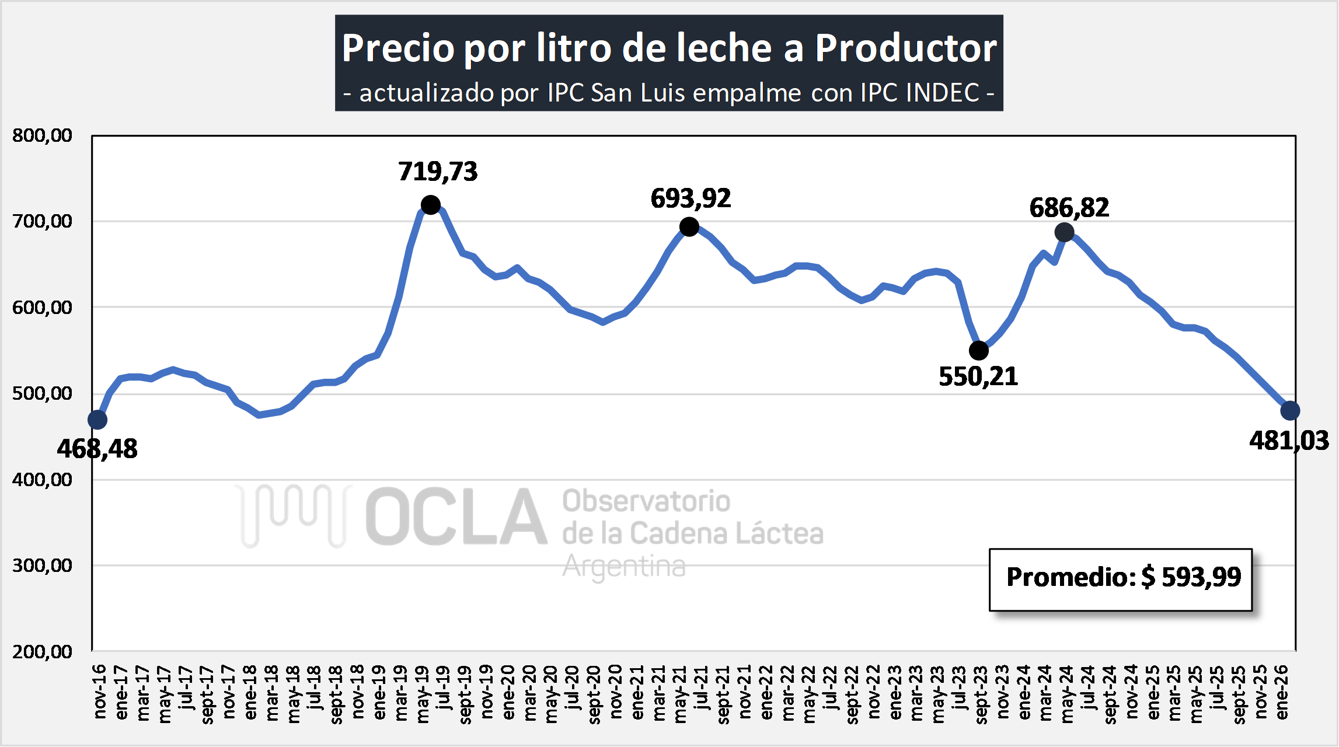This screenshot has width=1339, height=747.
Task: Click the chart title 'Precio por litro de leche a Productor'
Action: coord(669,48)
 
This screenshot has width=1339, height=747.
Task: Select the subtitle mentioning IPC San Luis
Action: coord(669,93)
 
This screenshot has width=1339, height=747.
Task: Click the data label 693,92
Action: coord(691,199)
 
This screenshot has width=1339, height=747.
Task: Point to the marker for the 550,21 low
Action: coord(979,351)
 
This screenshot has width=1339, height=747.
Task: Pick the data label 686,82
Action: coord(1069,208)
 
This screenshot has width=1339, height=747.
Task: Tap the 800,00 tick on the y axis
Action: coord(42,136)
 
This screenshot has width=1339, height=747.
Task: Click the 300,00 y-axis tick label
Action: coord(42,566)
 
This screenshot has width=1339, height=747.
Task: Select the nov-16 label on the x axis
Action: coord(100,691)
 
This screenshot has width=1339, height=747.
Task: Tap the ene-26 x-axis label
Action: coord(1282,692)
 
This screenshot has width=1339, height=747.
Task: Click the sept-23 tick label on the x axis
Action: coord(981,694)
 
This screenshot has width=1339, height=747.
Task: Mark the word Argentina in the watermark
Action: coord(623,566)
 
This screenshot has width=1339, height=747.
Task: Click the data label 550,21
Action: coord(978,377)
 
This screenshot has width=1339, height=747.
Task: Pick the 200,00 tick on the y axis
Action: coord(42,651)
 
